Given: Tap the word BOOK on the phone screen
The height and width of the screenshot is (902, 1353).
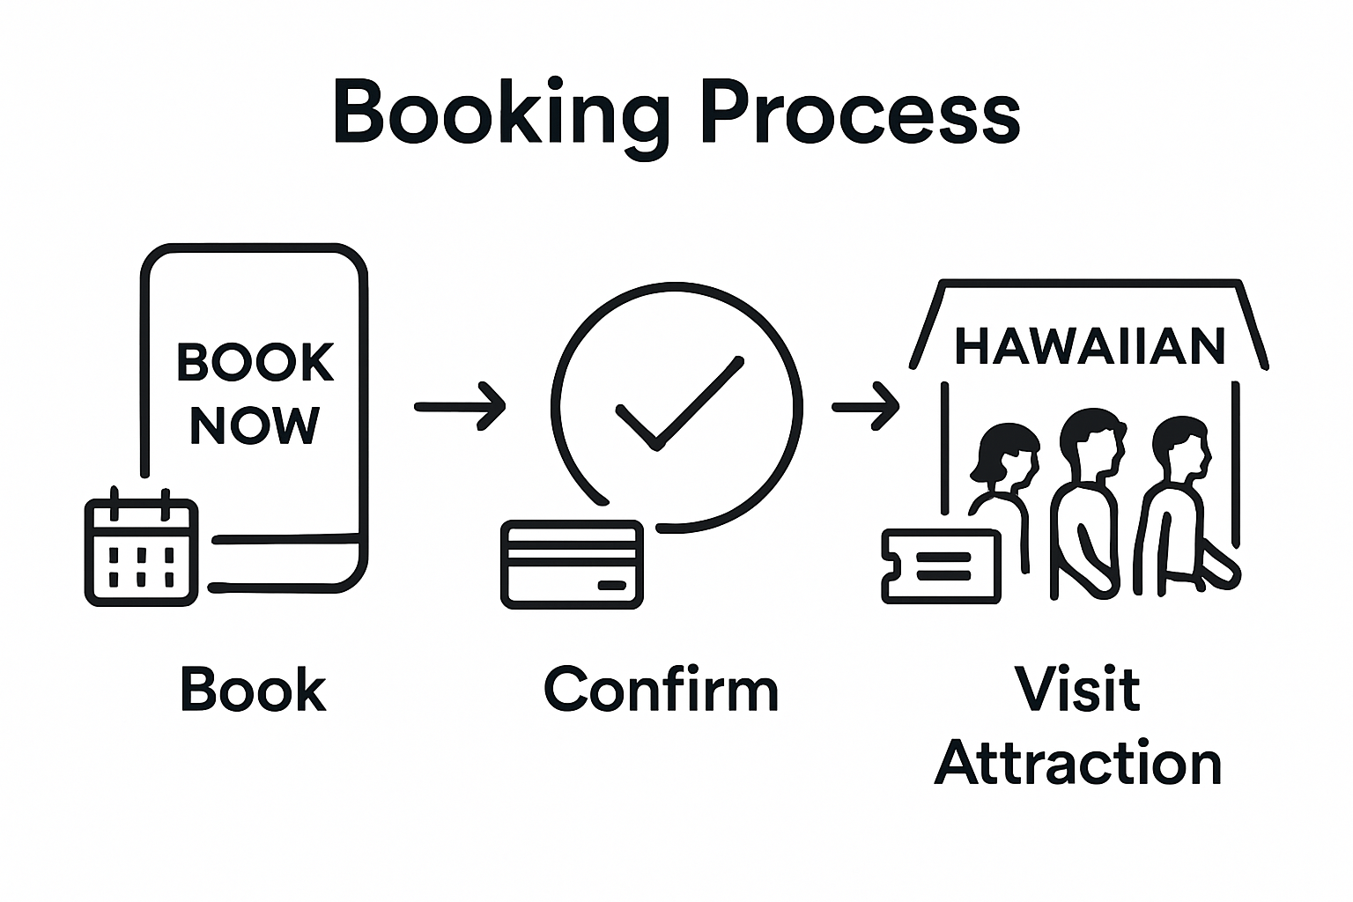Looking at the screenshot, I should [255, 362].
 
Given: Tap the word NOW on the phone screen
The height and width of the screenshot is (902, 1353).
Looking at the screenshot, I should [255, 425].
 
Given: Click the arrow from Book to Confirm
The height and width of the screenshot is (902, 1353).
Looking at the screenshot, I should [460, 406].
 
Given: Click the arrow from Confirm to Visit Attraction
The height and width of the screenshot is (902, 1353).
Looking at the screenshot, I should [865, 406].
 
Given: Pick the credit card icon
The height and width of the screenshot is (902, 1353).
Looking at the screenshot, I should [572, 565].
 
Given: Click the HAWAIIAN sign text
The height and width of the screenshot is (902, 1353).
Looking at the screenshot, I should [1090, 346].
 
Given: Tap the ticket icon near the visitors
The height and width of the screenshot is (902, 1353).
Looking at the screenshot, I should [942, 566].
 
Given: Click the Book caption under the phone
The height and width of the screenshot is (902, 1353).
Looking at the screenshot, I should [253, 690].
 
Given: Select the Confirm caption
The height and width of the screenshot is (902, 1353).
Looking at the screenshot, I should [661, 690].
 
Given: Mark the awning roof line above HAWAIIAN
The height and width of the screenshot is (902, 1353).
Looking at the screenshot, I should [1091, 284].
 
